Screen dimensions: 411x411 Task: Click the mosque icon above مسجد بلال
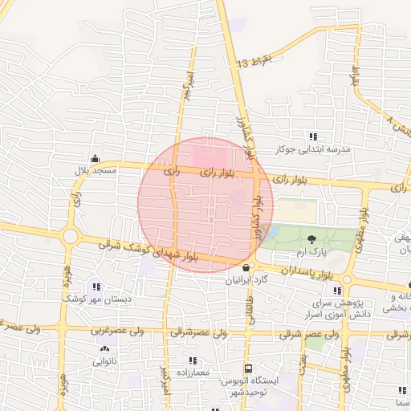click(96, 157)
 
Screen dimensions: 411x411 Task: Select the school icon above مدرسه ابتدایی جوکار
click(313, 136)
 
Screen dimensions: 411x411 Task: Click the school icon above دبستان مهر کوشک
click(97, 286)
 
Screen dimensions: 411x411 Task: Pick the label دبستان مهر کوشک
click(97, 299)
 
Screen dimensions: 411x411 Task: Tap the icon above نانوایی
click(104, 349)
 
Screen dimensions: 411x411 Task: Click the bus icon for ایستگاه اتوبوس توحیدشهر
click(248, 369)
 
